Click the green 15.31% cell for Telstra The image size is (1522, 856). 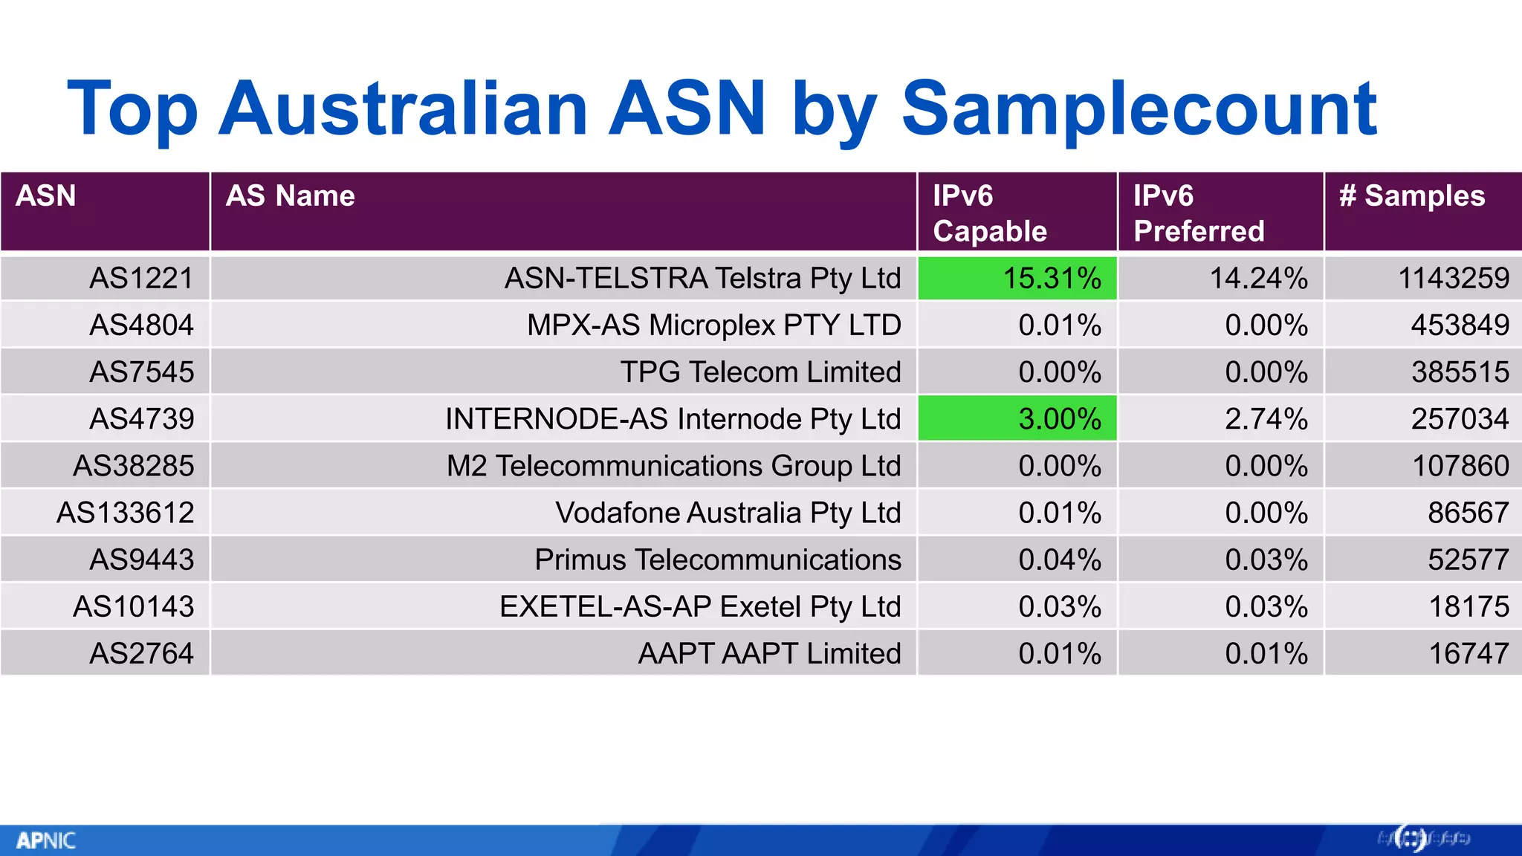(x=1017, y=279)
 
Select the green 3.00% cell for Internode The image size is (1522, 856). (x=1017, y=419)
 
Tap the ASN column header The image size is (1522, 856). (x=46, y=196)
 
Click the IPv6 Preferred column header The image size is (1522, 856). (x=1198, y=213)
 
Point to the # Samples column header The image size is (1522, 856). (x=1411, y=196)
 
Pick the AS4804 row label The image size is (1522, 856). (x=141, y=325)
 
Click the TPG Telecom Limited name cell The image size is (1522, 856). (x=760, y=372)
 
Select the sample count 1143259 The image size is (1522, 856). (x=1453, y=279)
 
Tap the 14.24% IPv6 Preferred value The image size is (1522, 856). (x=1258, y=279)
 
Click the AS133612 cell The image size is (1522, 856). (x=125, y=513)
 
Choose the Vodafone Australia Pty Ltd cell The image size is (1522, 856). (x=728, y=513)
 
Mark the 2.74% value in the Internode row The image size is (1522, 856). (x=1266, y=419)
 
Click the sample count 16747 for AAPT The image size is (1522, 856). (x=1468, y=654)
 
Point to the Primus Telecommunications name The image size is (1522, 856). (x=717, y=560)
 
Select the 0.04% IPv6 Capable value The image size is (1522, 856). (x=1059, y=560)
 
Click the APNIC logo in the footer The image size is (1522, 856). (x=45, y=840)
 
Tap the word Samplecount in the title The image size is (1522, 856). (x=1139, y=109)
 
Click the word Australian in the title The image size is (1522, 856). (x=404, y=109)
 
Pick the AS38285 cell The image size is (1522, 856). (x=133, y=466)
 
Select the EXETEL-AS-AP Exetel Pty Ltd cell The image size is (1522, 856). (x=699, y=607)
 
